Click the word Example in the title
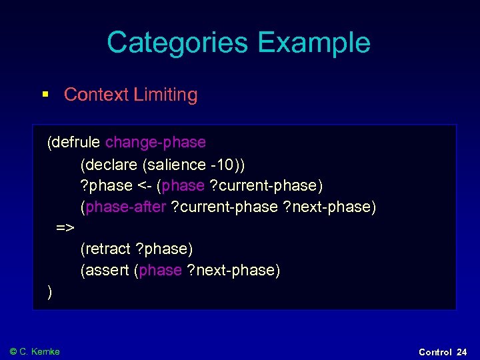coord(313,43)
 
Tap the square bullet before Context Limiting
coord(45,95)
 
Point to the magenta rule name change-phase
coord(155,142)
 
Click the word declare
coord(111,164)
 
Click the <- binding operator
coord(144,185)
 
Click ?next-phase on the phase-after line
coord(329,207)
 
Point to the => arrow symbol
coord(65,228)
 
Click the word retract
coord(107,249)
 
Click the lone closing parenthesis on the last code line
coord(50,292)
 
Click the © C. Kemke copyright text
coord(35,351)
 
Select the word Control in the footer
coord(435,352)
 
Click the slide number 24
coord(462,352)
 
